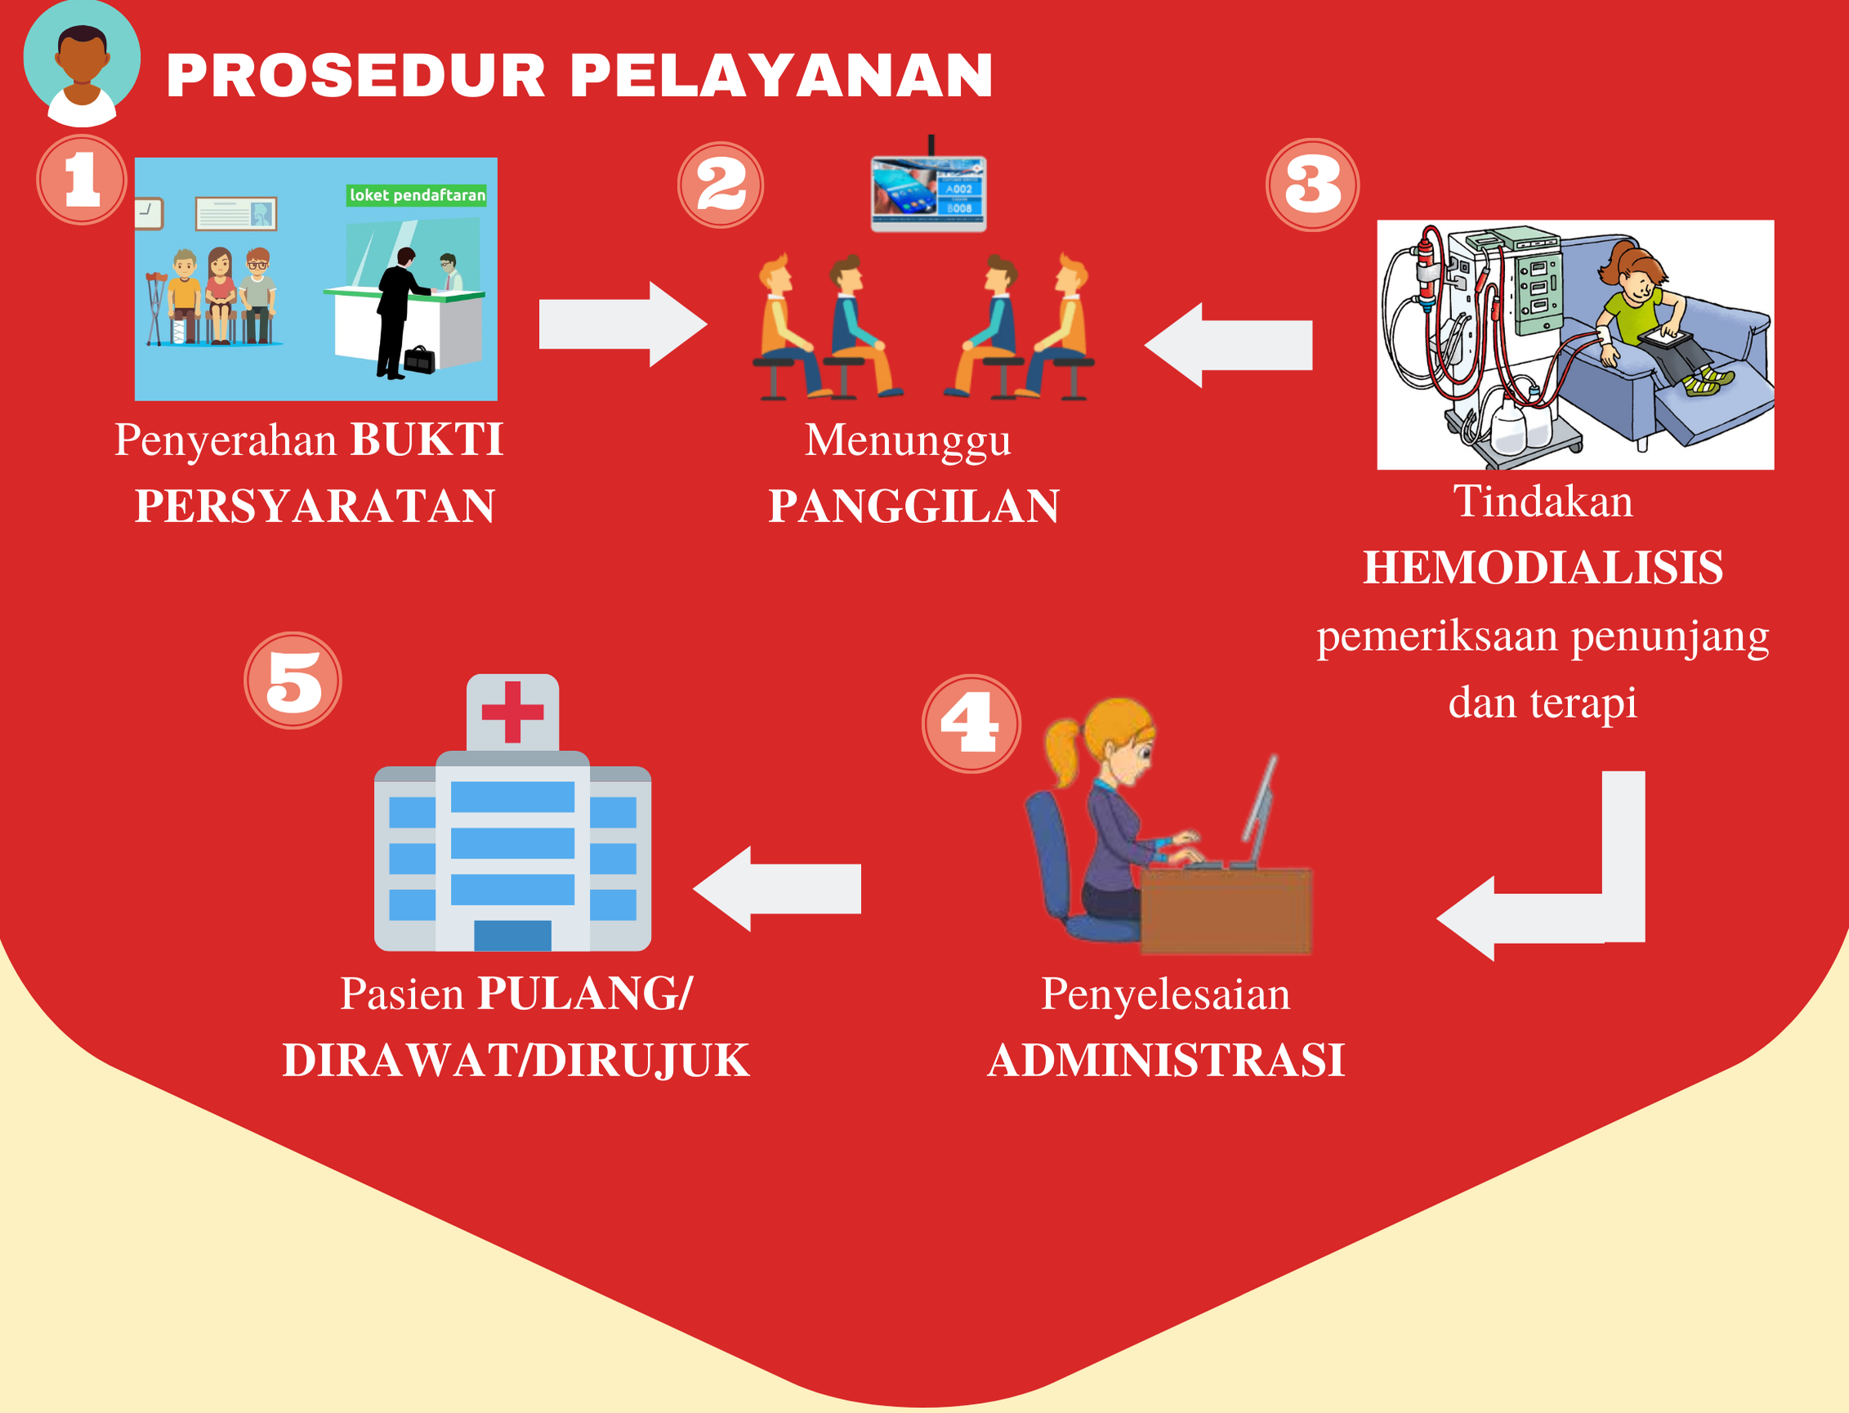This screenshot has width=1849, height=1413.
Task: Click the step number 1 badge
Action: (82, 179)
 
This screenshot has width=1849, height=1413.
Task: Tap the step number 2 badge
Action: (721, 185)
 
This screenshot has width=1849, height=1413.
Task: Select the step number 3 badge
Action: (1312, 185)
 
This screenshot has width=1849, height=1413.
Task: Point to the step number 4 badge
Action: (971, 723)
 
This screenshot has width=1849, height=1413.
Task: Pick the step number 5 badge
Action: (293, 681)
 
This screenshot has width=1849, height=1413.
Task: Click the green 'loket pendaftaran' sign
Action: (417, 195)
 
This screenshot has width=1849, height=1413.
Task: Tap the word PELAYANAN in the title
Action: (782, 76)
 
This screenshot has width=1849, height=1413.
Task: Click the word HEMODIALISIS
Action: (1543, 567)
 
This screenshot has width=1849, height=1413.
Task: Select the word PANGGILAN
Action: (914, 507)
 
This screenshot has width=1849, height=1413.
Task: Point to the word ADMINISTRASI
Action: (1165, 1060)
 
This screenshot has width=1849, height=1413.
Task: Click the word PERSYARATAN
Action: (315, 507)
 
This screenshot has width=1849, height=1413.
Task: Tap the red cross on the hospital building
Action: (513, 713)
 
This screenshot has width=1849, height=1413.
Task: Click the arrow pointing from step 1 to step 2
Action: (623, 324)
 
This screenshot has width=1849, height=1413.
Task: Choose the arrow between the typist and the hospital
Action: (777, 889)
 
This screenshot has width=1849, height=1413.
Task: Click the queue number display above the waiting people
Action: (928, 193)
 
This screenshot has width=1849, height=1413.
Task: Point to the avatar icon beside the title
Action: (82, 63)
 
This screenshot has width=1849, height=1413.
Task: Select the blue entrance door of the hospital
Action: (513, 935)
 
